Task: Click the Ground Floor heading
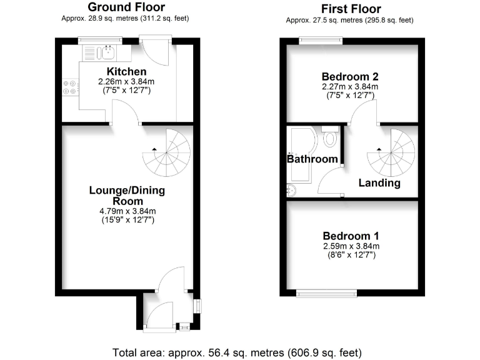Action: (x=126, y=7)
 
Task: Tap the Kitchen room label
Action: (x=126, y=72)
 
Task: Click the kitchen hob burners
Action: (x=69, y=87)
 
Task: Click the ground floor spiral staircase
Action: (x=167, y=152)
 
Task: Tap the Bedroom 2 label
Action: (x=349, y=77)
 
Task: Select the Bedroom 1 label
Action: (x=351, y=236)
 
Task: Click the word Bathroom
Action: (x=312, y=159)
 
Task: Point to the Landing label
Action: (x=379, y=183)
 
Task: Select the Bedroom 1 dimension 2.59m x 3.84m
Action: (x=351, y=246)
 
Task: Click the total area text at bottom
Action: (x=237, y=351)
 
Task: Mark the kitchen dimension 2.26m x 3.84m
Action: (x=126, y=82)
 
